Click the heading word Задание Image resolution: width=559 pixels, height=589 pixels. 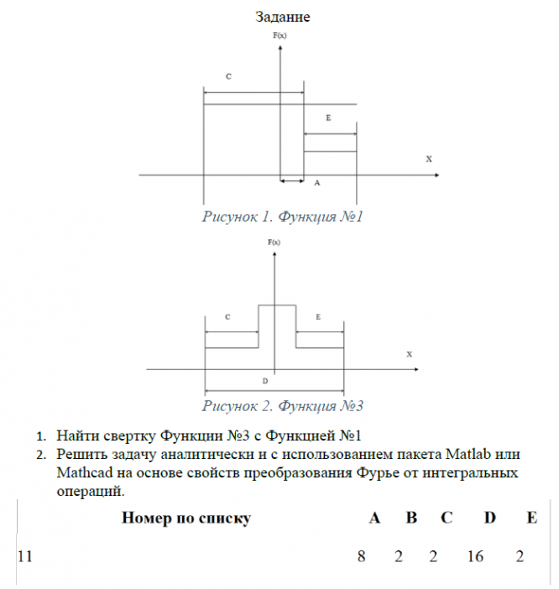[283, 16]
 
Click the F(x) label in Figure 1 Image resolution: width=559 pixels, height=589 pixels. [279, 37]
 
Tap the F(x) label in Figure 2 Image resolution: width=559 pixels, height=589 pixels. [274, 242]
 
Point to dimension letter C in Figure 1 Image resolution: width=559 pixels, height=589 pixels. [228, 76]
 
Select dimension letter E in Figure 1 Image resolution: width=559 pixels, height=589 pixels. [328, 118]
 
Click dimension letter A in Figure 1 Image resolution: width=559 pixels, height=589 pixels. [316, 181]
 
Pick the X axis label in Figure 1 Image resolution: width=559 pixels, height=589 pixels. [429, 158]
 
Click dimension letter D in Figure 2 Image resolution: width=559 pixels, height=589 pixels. [264, 381]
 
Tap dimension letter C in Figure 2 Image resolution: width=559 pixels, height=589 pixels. [228, 317]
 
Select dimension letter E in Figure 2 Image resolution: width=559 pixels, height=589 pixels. [317, 317]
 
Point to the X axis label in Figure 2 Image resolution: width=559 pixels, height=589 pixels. [410, 354]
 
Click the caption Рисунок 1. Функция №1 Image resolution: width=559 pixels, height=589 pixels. [282, 216]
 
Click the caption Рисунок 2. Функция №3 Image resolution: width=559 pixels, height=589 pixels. [282, 406]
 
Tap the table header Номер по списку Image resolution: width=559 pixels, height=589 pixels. [186, 518]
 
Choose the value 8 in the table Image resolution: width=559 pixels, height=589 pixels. [362, 555]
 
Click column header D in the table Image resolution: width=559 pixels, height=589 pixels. [490, 518]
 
